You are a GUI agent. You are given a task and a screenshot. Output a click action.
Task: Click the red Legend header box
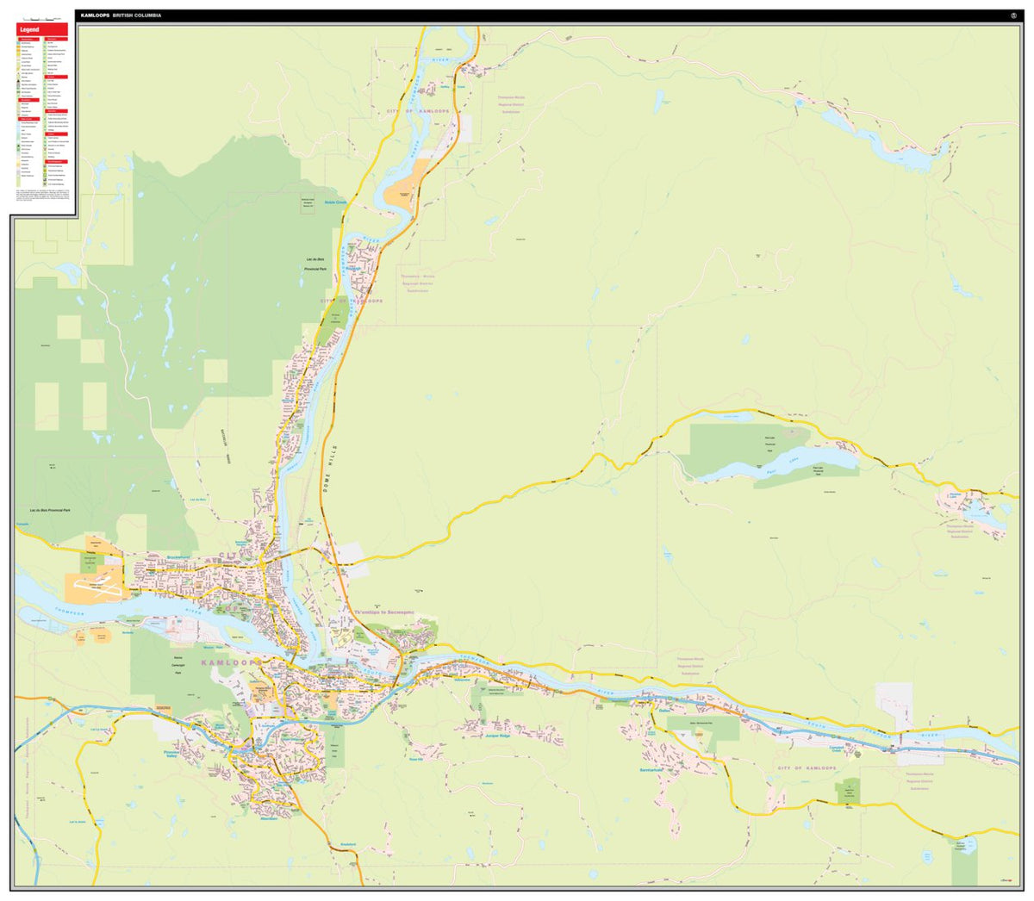[x=42, y=29]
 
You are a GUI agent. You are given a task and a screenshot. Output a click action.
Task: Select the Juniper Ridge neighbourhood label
[x=498, y=736]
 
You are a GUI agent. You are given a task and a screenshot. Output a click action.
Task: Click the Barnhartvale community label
[x=655, y=768]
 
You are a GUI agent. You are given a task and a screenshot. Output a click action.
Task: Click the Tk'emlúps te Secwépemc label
[x=384, y=612]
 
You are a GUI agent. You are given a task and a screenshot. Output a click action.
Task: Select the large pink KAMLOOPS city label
[x=231, y=662]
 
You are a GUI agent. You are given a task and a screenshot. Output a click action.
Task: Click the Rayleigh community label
[x=354, y=268]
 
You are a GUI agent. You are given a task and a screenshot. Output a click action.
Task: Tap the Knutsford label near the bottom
[x=348, y=843]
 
